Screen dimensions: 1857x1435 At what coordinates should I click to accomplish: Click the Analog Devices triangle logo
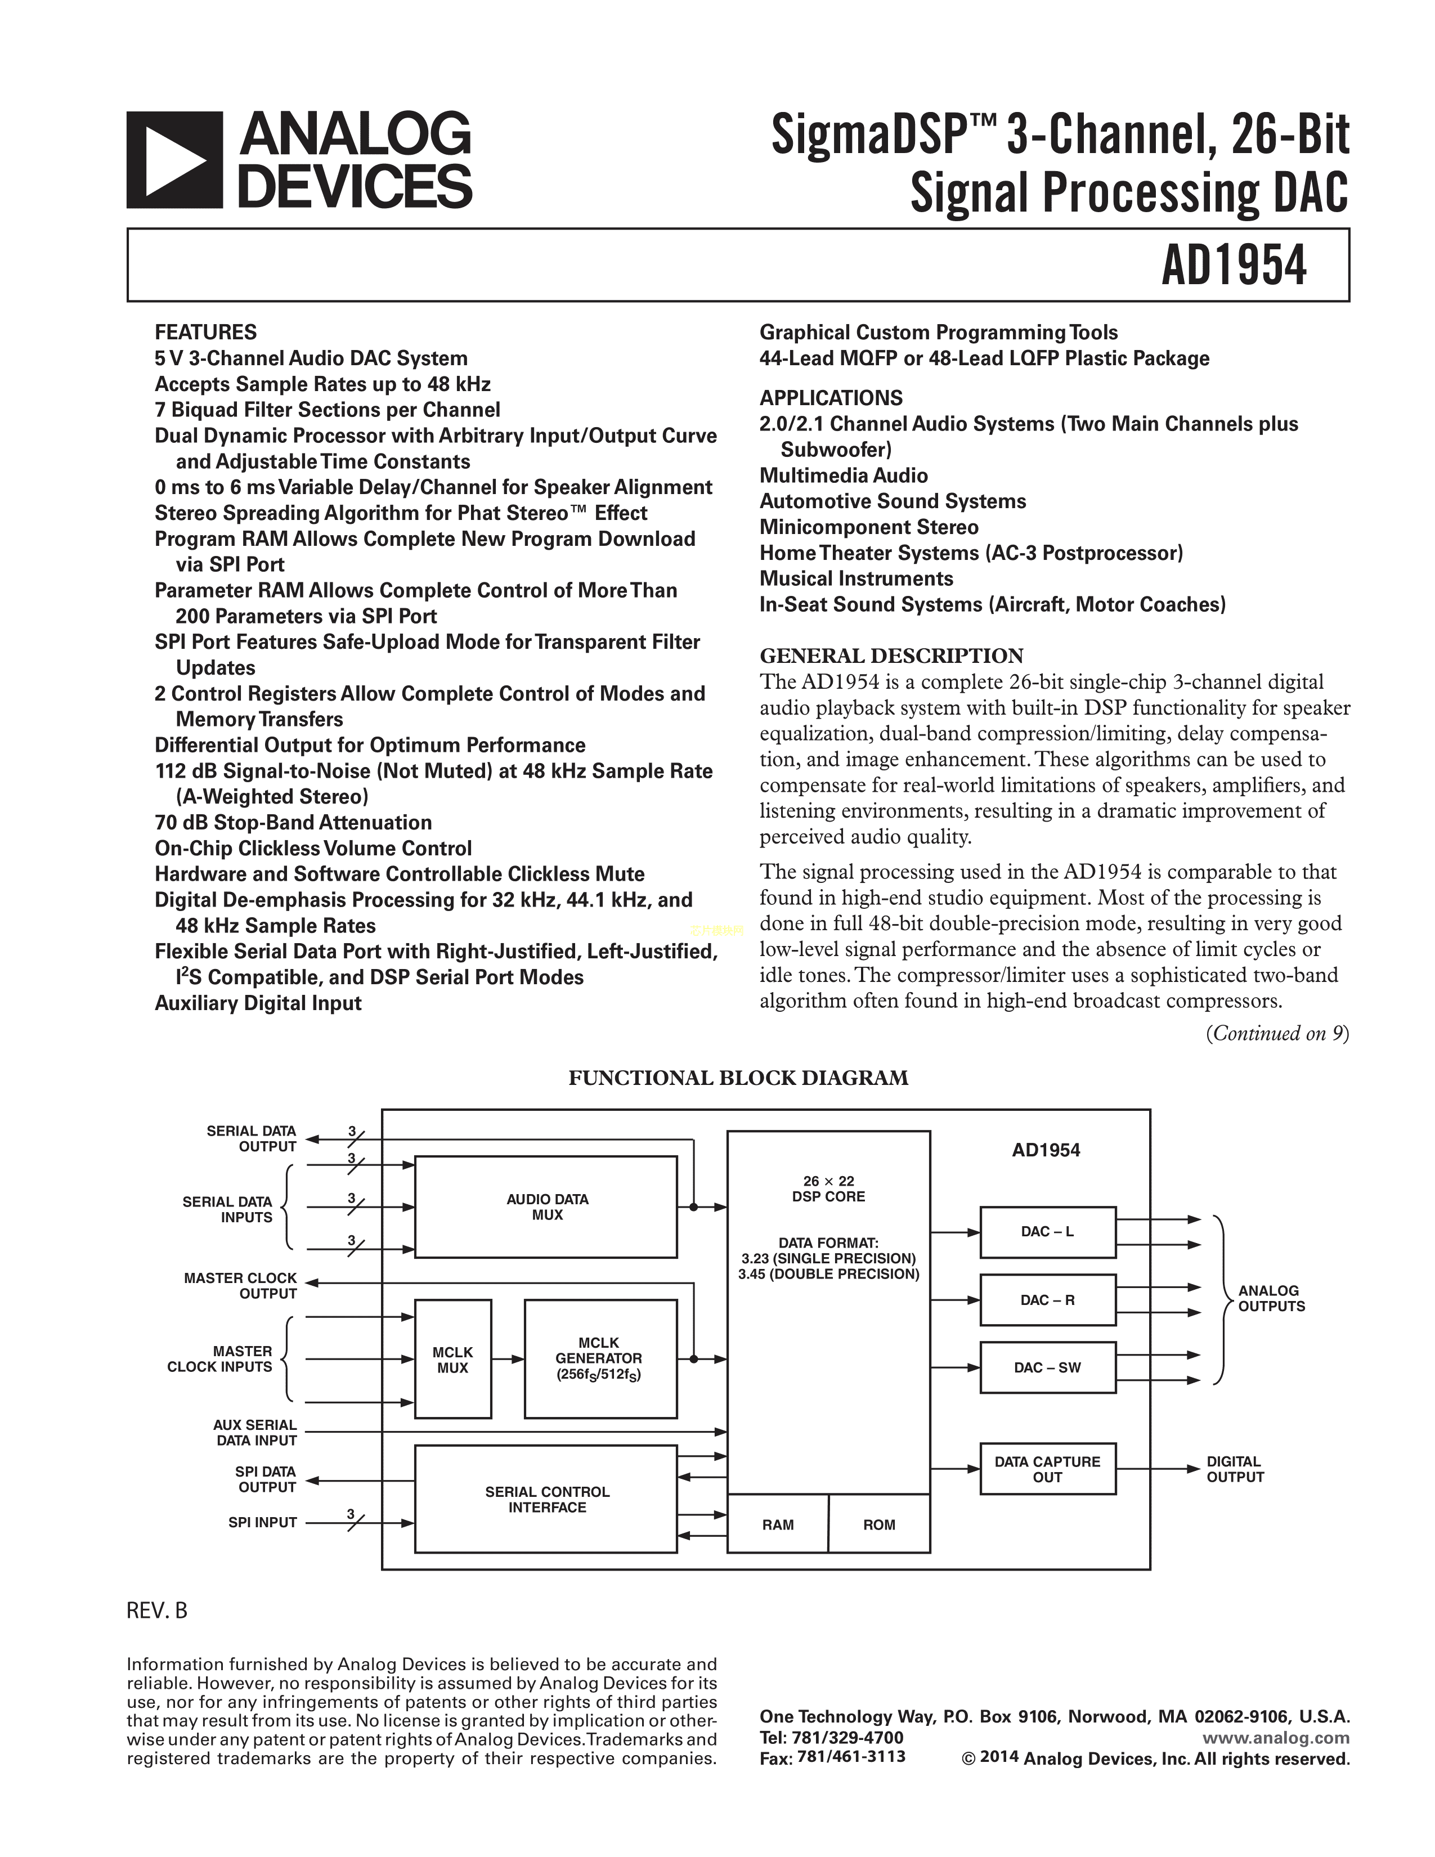[174, 160]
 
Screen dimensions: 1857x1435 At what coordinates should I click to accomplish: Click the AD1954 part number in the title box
[1234, 265]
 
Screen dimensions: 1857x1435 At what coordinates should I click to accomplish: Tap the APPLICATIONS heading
[831, 398]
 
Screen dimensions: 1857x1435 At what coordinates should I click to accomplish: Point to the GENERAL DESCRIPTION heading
[891, 656]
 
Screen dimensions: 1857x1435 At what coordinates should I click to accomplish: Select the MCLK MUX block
[452, 1359]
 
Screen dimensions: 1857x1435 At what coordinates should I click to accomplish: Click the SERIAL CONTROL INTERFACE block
[546, 1499]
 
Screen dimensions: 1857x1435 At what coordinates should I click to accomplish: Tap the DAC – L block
[1047, 1232]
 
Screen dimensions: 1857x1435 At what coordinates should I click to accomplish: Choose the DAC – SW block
[1047, 1367]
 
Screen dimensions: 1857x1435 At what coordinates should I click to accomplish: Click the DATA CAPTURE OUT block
[1047, 1468]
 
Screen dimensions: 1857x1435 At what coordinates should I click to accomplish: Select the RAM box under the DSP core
[778, 1524]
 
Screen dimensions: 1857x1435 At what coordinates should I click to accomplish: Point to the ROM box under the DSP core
[879, 1524]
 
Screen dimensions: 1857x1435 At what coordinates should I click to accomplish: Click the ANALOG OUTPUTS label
[1270, 1298]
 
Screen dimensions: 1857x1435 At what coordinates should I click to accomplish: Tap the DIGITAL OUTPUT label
[1234, 1468]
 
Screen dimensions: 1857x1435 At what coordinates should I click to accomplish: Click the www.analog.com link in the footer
[1276, 1738]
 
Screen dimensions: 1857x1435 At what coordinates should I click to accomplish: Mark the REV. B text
[157, 1611]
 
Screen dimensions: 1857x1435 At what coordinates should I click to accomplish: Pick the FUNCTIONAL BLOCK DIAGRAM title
[738, 1078]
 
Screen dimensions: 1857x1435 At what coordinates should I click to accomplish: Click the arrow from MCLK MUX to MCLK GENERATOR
[508, 1359]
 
